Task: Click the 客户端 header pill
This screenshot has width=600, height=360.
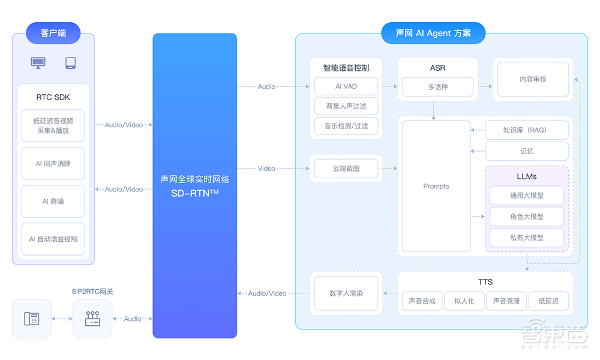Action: pos(53,33)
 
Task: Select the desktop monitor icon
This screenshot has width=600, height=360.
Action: pos(38,63)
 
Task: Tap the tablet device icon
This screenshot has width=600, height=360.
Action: pos(70,63)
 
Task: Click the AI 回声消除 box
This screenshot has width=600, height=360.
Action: pos(53,163)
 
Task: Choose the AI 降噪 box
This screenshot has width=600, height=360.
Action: pos(53,202)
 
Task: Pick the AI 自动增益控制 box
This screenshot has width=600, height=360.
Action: pos(53,239)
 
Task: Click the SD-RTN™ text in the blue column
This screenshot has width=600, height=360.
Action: pos(195,193)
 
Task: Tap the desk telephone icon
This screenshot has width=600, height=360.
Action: pos(32,319)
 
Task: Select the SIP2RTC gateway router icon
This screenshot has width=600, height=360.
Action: pos(92,319)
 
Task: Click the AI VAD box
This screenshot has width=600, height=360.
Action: pos(346,86)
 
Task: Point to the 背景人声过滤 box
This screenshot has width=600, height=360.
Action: pos(346,106)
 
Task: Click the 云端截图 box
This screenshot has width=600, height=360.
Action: pos(346,169)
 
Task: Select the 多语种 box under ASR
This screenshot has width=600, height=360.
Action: pos(437,87)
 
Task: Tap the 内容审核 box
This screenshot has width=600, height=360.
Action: pos(533,79)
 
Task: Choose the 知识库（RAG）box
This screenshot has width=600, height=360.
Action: pos(526,130)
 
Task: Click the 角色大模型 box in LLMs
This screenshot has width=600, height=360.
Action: pos(526,217)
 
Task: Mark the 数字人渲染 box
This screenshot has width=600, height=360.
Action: pos(346,293)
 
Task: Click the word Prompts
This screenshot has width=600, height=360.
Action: pos(436,187)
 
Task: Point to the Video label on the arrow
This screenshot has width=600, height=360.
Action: pos(266,169)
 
